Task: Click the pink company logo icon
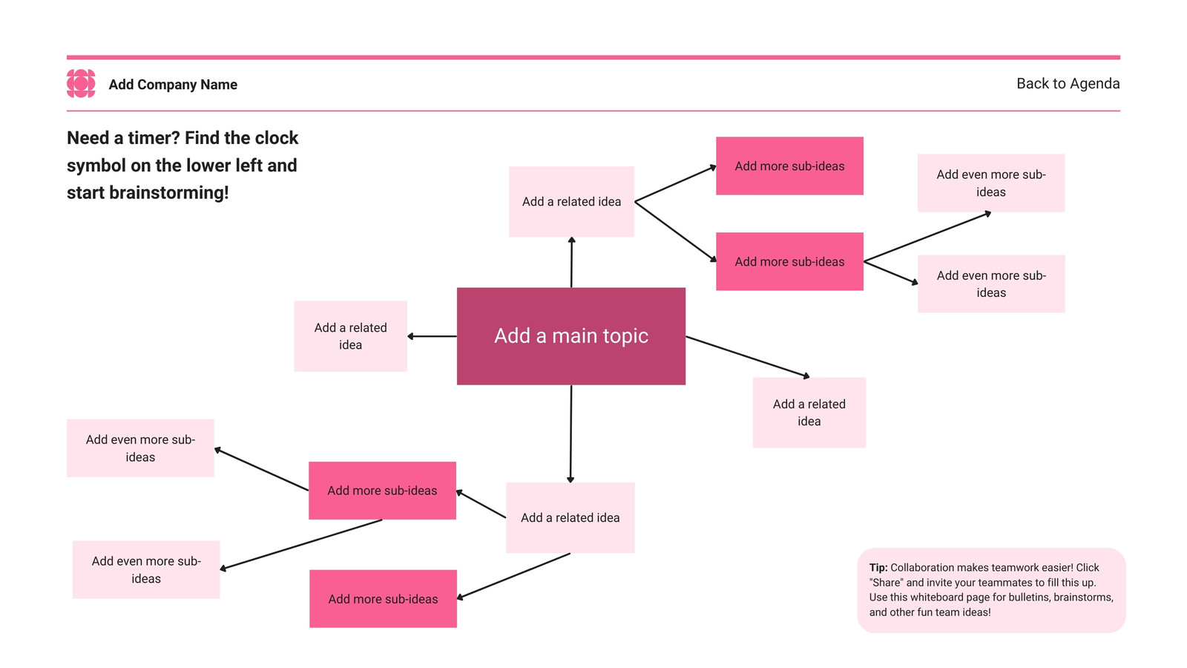click(81, 84)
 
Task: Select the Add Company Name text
click(173, 85)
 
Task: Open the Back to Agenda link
click(1068, 84)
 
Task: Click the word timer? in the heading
click(154, 138)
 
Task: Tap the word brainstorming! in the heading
click(168, 193)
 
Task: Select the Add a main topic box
click(571, 336)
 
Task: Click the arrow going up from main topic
click(571, 263)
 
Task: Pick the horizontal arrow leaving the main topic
click(432, 336)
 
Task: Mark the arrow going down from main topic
click(571, 433)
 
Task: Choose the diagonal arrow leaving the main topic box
click(748, 357)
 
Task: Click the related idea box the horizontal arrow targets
click(350, 336)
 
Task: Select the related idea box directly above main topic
click(571, 201)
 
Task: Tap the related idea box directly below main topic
click(571, 517)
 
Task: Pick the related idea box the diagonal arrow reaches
click(809, 413)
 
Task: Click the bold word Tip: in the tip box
click(878, 568)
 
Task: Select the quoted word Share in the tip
click(887, 583)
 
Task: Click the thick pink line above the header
click(593, 57)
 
